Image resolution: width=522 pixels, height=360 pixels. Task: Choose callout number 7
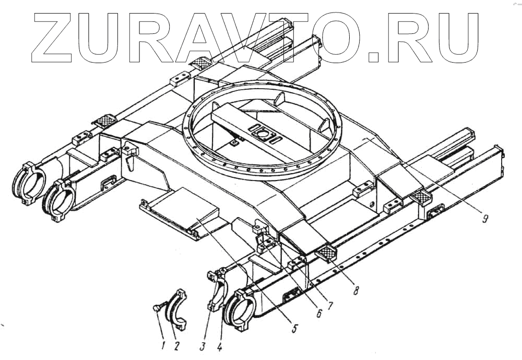click(330, 304)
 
